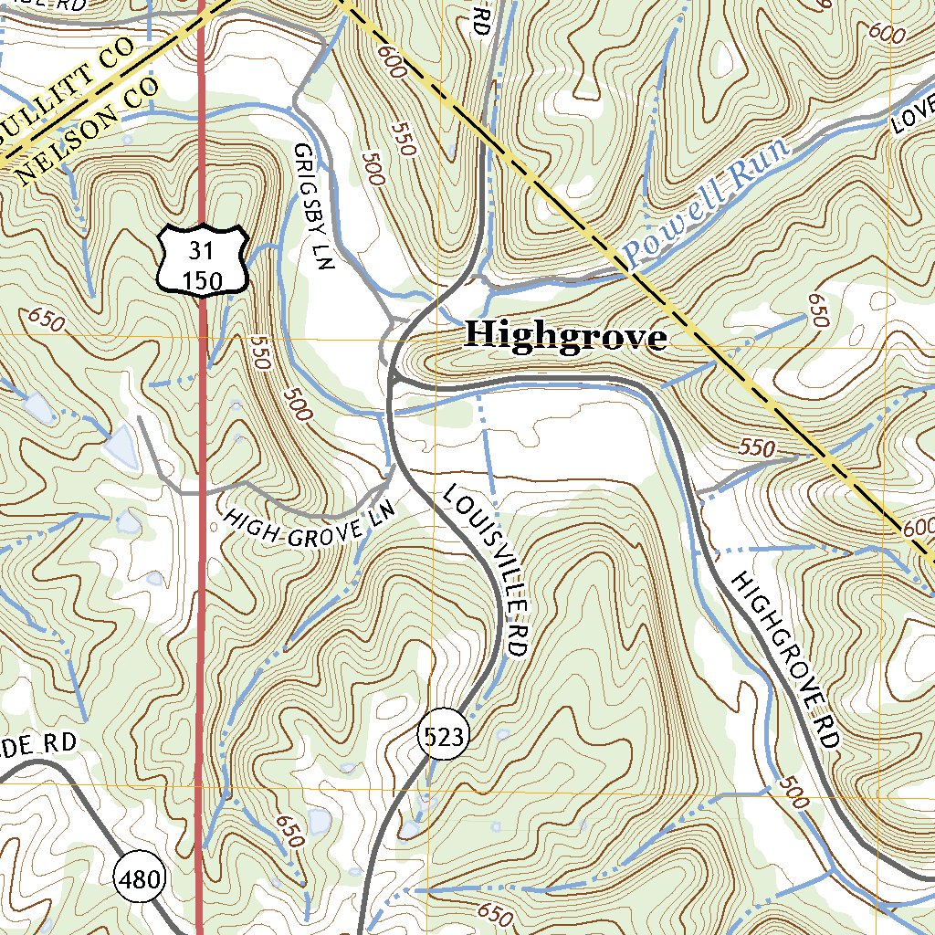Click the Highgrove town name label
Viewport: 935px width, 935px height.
(565, 336)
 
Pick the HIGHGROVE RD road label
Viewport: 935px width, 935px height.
(785, 660)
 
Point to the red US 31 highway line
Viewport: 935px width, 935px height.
(201, 548)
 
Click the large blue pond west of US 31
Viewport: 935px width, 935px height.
(121, 445)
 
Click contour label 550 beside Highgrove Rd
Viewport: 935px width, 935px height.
(757, 448)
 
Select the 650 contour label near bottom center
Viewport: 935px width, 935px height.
(489, 914)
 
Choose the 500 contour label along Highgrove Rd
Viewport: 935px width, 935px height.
(793, 793)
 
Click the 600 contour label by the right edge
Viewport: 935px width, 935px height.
(918, 528)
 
